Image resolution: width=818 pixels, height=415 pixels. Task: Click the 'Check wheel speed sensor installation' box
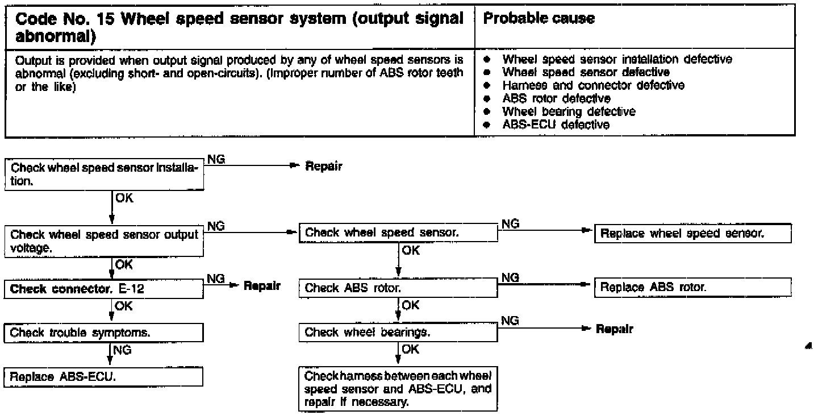(x=105, y=176)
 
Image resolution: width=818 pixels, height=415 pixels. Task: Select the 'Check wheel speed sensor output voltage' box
(x=105, y=241)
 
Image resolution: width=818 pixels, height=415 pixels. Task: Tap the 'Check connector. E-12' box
(x=105, y=289)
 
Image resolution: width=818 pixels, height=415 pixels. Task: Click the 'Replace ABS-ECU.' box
(x=105, y=377)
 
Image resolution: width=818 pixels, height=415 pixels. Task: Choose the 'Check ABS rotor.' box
(x=398, y=288)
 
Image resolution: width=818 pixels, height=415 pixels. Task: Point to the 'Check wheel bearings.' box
(x=398, y=333)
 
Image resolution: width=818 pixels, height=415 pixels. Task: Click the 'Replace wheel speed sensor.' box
(x=692, y=234)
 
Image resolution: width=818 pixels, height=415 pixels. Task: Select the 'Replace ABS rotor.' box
(x=692, y=288)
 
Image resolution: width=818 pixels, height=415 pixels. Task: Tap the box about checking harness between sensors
(x=398, y=389)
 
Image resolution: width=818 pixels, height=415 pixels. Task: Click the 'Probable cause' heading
(x=539, y=19)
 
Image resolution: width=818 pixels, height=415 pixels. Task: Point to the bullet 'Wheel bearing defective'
(x=568, y=111)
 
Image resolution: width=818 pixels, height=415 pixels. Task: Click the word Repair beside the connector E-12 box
(x=262, y=286)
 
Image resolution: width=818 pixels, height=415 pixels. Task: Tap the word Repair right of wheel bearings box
(x=614, y=329)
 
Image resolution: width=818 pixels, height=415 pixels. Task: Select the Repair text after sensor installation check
(x=324, y=167)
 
